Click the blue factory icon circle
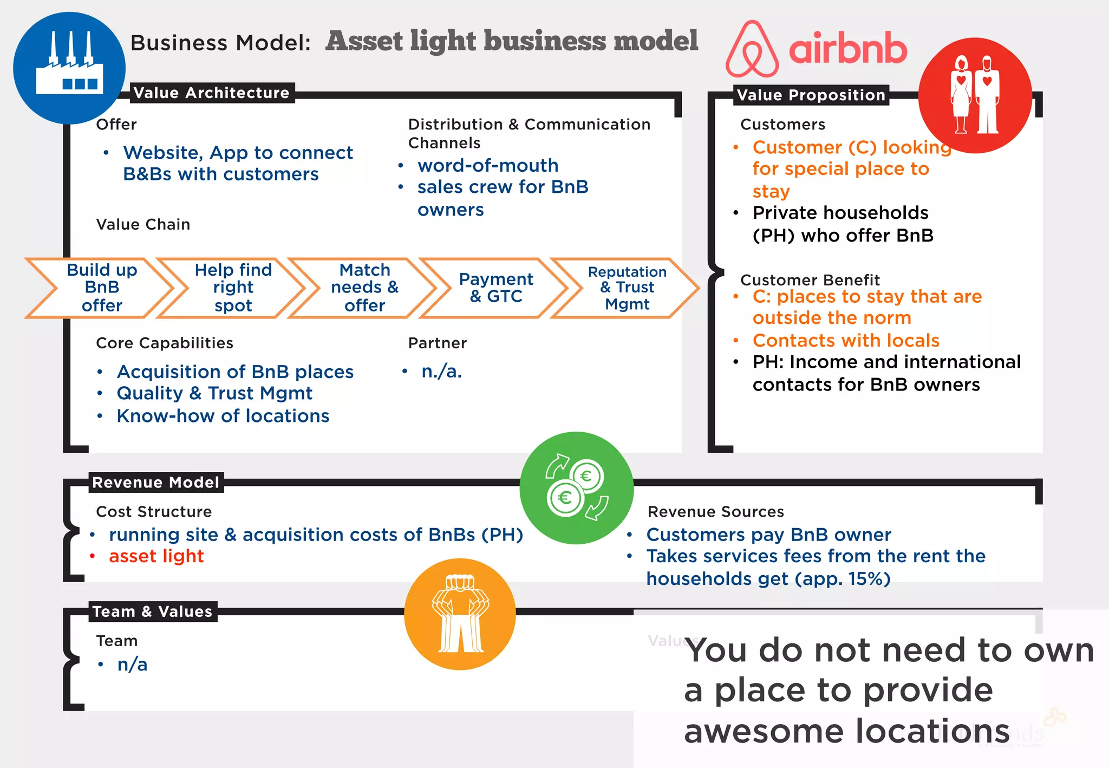[x=69, y=68]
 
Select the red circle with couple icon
[x=975, y=95]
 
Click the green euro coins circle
[x=576, y=488]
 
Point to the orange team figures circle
[x=460, y=614]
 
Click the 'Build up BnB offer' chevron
[x=101, y=288]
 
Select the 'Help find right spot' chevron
[x=233, y=288]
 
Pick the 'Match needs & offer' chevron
[x=364, y=288]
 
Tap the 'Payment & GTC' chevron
[x=495, y=288]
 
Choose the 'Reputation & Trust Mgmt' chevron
[x=627, y=288]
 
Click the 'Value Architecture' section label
[x=211, y=93]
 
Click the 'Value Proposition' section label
[x=811, y=95]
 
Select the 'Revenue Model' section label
[x=155, y=482]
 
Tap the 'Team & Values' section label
[x=152, y=611]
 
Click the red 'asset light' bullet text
[x=156, y=556]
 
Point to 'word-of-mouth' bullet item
[x=487, y=165]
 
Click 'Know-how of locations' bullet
[x=223, y=415]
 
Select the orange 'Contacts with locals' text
[x=845, y=340]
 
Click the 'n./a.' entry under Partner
[x=441, y=371]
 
